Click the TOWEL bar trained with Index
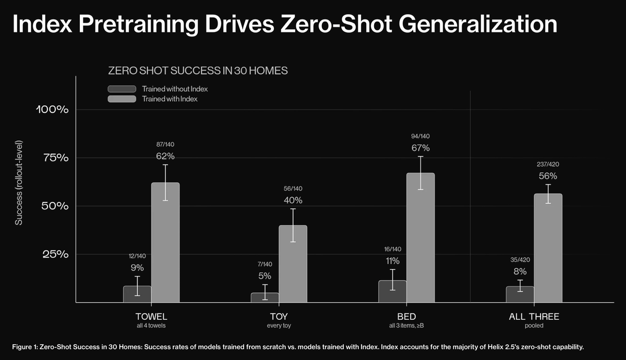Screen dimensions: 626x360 [x=165, y=243]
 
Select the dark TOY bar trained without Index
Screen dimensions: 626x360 [x=265, y=298]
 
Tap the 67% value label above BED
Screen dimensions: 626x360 [x=420, y=148]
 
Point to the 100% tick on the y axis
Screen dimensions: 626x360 [x=52, y=110]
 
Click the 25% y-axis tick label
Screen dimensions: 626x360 [x=55, y=255]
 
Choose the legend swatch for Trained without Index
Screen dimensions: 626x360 [x=122, y=89]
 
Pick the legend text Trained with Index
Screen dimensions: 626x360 [x=170, y=99]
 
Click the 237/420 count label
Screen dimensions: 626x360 [x=548, y=164]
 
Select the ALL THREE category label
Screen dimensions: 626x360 [x=534, y=317]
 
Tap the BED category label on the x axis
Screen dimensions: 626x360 [x=406, y=317]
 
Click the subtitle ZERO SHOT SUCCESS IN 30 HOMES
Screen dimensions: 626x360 [x=198, y=71]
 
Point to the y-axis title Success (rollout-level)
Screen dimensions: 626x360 [x=18, y=183]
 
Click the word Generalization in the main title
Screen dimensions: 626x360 [x=478, y=25]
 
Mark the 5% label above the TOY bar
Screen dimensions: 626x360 [x=264, y=276]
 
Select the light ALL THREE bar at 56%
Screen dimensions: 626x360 [x=548, y=248]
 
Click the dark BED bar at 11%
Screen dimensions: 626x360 [x=392, y=292]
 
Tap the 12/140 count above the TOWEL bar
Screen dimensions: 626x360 [x=137, y=256]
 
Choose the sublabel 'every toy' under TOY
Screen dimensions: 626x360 [x=279, y=326]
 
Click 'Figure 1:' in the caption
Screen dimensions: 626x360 [x=25, y=347]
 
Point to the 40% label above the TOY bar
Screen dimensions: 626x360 [x=293, y=200]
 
